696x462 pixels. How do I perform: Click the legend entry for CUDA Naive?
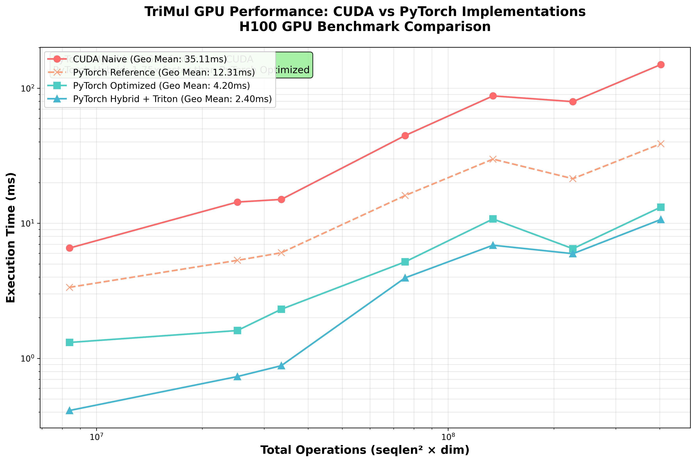coord(150,59)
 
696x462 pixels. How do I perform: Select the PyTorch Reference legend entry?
coord(164,73)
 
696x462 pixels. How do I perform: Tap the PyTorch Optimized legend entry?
coord(161,86)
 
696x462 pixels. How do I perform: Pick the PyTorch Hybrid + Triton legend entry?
coord(172,99)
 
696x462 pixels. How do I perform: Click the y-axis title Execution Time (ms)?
coord(11,237)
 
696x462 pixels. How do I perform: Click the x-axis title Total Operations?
coord(365,450)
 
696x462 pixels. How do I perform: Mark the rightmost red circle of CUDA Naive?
coord(661,65)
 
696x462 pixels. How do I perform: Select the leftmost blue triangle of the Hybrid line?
coord(69,411)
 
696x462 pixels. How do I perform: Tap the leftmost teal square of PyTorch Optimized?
coord(69,342)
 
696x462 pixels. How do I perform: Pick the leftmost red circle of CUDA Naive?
coord(69,248)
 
